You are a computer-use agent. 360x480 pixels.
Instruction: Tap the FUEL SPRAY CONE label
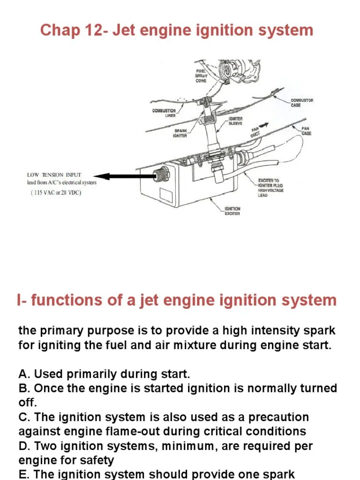(201, 75)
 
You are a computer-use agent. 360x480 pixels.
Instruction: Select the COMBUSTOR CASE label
(302, 103)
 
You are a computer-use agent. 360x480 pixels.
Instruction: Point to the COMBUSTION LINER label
(164, 112)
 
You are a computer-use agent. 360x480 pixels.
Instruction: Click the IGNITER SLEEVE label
(236, 121)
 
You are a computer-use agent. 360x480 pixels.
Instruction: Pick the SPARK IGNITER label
(180, 133)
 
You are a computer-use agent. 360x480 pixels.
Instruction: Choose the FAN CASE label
(306, 131)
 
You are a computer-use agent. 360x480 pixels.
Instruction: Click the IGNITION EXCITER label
(232, 211)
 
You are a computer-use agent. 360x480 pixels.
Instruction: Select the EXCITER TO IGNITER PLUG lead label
(271, 187)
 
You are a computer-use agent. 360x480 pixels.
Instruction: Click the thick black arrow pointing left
(125, 177)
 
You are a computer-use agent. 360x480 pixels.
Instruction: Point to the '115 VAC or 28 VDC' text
(56, 193)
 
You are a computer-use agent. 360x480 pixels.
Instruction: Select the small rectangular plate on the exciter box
(166, 195)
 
